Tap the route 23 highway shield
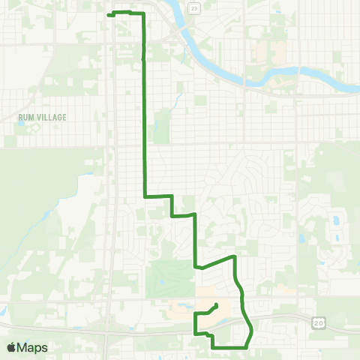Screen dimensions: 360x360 195,8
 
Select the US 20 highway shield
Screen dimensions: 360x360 317,322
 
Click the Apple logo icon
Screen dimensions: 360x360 12,347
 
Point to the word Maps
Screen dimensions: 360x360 33,348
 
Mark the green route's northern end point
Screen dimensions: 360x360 109,15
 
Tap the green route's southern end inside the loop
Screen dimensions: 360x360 217,304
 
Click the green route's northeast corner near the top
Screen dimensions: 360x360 142,14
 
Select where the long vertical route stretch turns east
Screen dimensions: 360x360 145,196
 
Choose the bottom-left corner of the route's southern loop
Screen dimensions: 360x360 196,333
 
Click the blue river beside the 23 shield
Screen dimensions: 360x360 183,15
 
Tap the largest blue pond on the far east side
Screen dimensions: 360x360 335,222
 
